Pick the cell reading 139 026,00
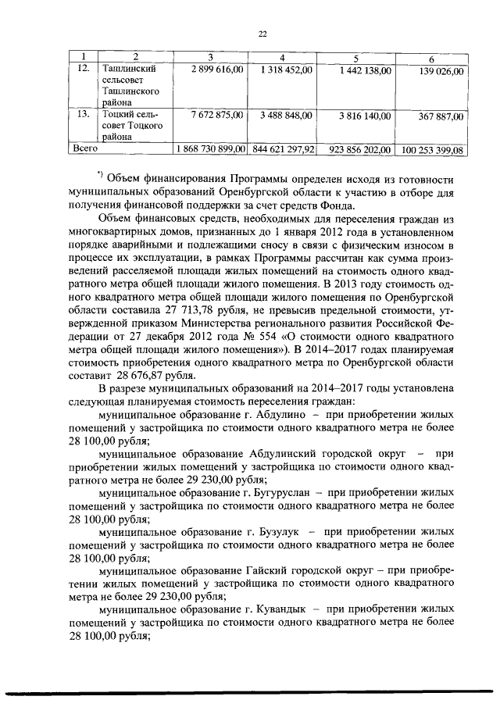pyautogui.click(x=441, y=71)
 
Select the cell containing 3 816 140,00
pyautogui.click(x=365, y=116)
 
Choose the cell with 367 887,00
pyautogui.click(x=441, y=116)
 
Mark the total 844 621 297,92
pyautogui.click(x=282, y=148)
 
